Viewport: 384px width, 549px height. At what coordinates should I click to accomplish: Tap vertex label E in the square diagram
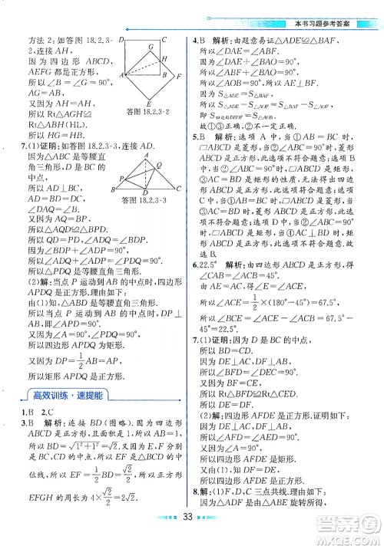click(x=147, y=103)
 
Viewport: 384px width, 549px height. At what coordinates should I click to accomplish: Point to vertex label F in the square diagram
click(x=178, y=77)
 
